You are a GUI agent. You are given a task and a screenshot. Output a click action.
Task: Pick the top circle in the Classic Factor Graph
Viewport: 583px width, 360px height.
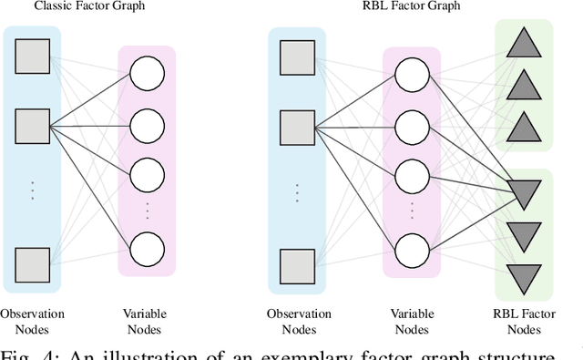(x=146, y=73)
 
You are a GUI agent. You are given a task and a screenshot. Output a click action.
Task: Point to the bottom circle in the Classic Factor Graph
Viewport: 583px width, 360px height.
(x=146, y=248)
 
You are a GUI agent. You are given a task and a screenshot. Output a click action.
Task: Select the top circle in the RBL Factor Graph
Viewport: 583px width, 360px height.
(x=412, y=73)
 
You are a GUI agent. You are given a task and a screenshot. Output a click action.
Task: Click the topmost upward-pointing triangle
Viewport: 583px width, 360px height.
(x=524, y=42)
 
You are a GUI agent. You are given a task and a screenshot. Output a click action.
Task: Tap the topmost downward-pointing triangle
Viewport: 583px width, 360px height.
(x=524, y=192)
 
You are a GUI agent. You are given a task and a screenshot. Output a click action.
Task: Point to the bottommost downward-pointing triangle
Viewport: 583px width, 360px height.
(x=524, y=274)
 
